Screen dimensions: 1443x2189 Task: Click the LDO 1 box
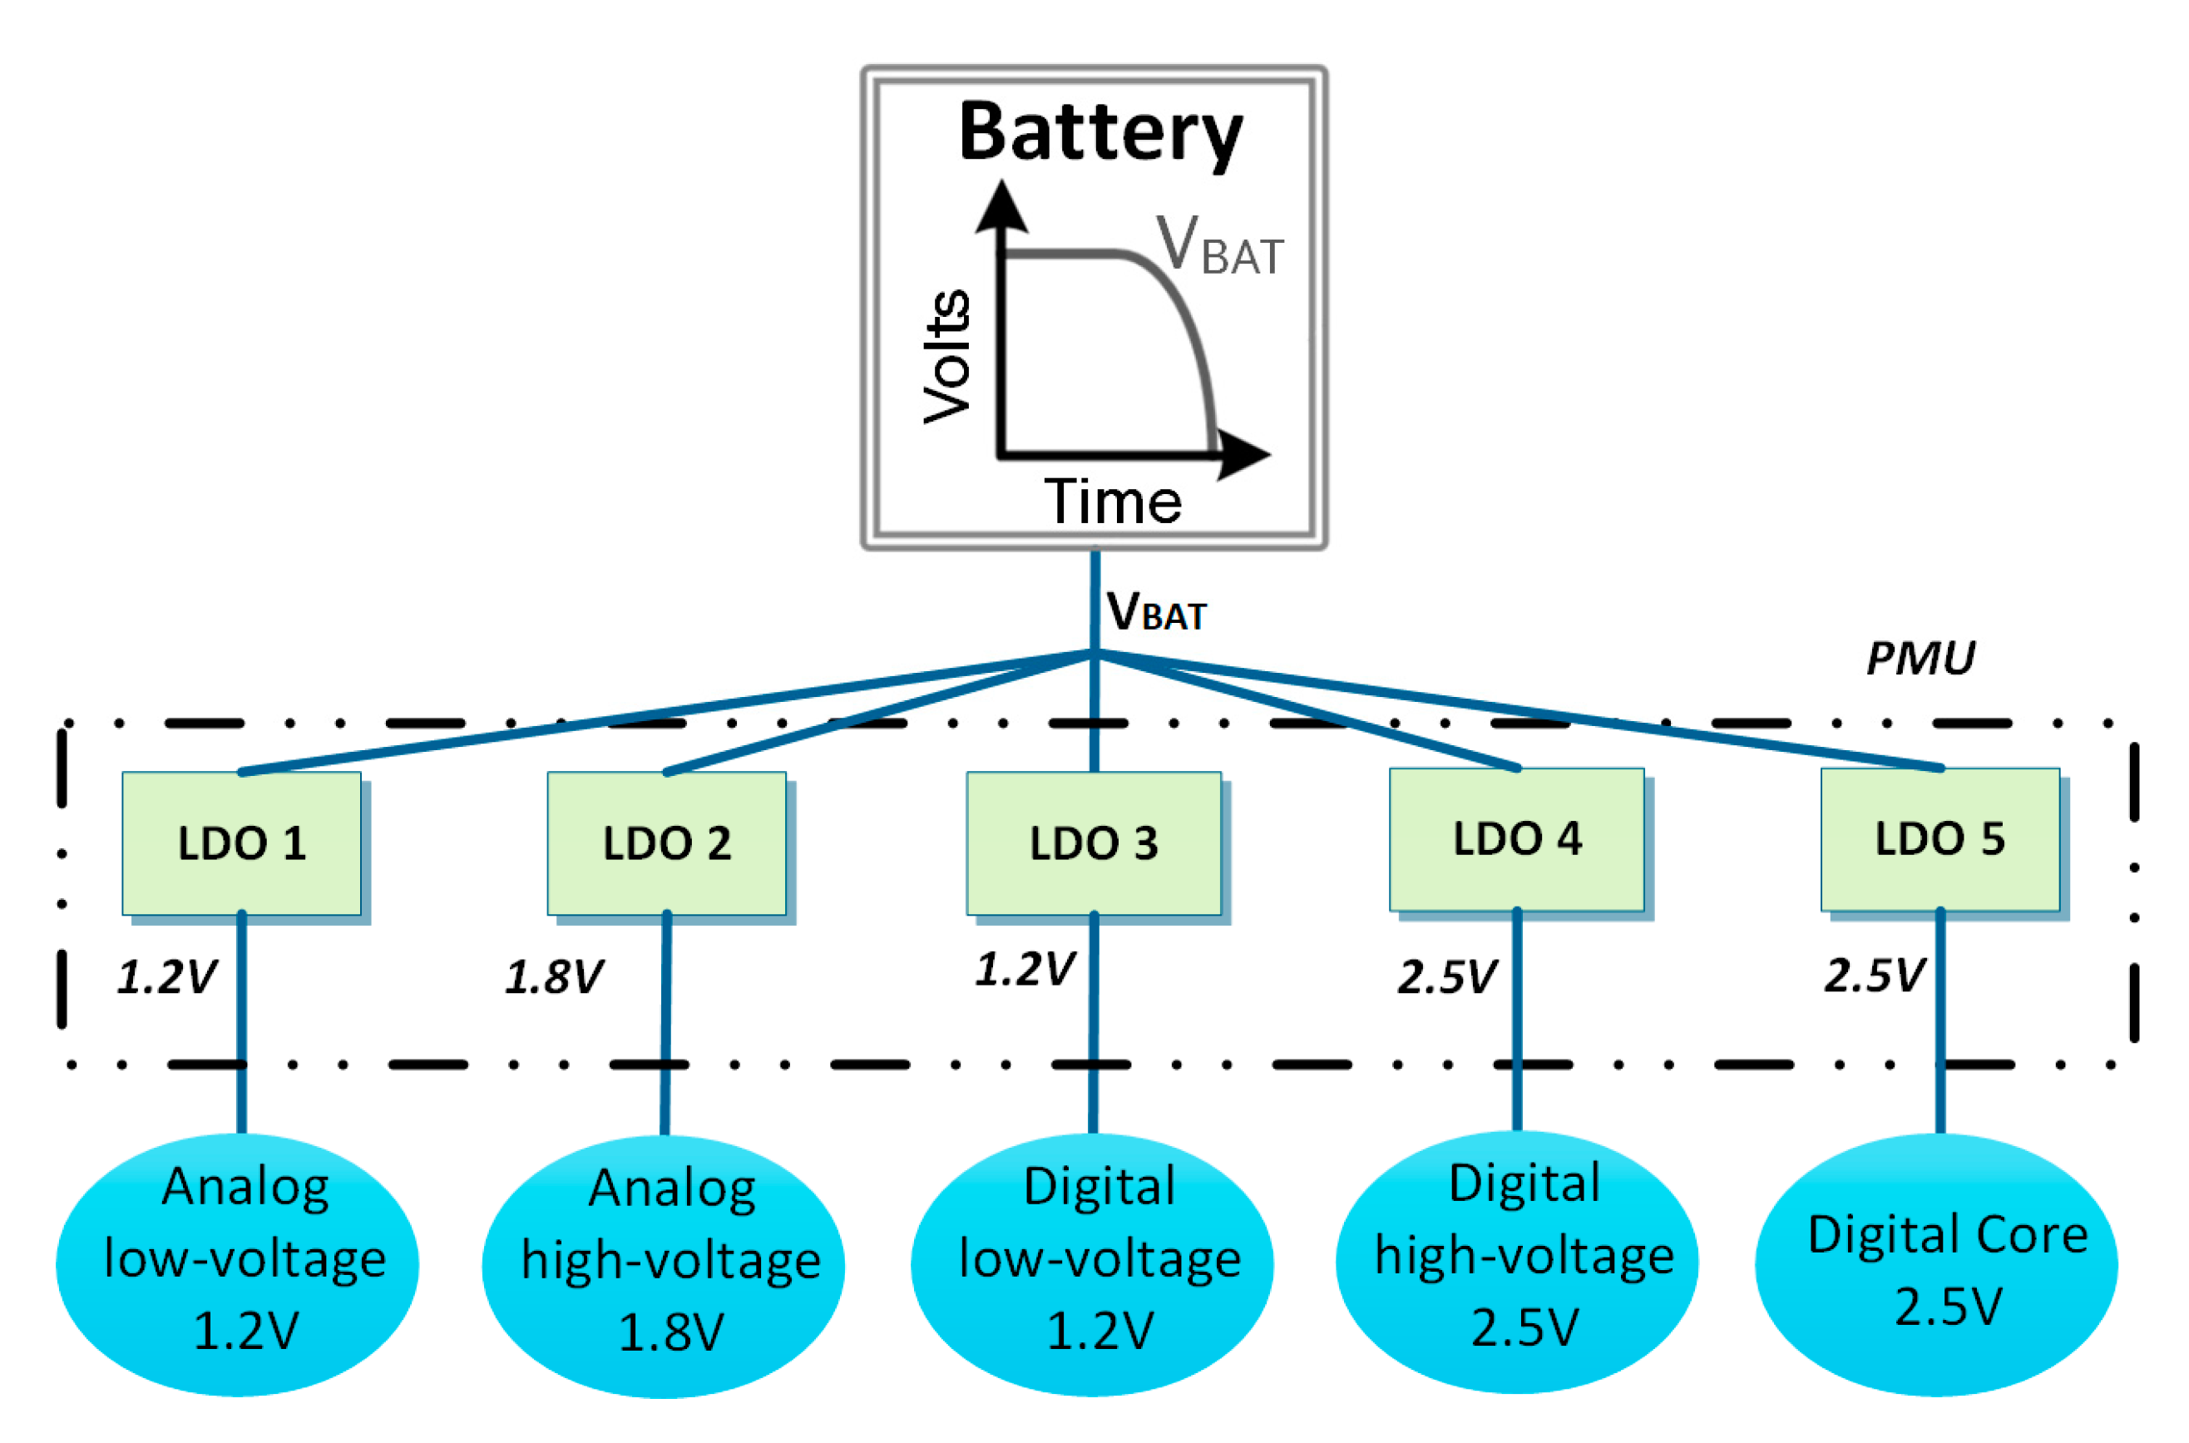(241, 843)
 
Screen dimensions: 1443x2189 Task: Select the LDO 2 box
(666, 843)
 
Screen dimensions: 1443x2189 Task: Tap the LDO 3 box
(1093, 843)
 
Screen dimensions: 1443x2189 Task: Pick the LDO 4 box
(1516, 838)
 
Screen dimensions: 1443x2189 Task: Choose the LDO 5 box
(1939, 838)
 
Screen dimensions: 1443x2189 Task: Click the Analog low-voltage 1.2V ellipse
(237, 1264)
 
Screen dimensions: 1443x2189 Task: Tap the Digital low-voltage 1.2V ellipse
(1092, 1264)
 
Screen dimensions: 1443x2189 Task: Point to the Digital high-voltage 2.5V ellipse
(1516, 1262)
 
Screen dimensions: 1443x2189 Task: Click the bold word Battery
(1100, 133)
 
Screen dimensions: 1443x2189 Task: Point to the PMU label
(1920, 657)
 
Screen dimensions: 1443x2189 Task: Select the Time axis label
(1113, 502)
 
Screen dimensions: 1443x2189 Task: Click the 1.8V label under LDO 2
(554, 976)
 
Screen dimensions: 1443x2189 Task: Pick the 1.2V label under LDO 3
(1024, 969)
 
